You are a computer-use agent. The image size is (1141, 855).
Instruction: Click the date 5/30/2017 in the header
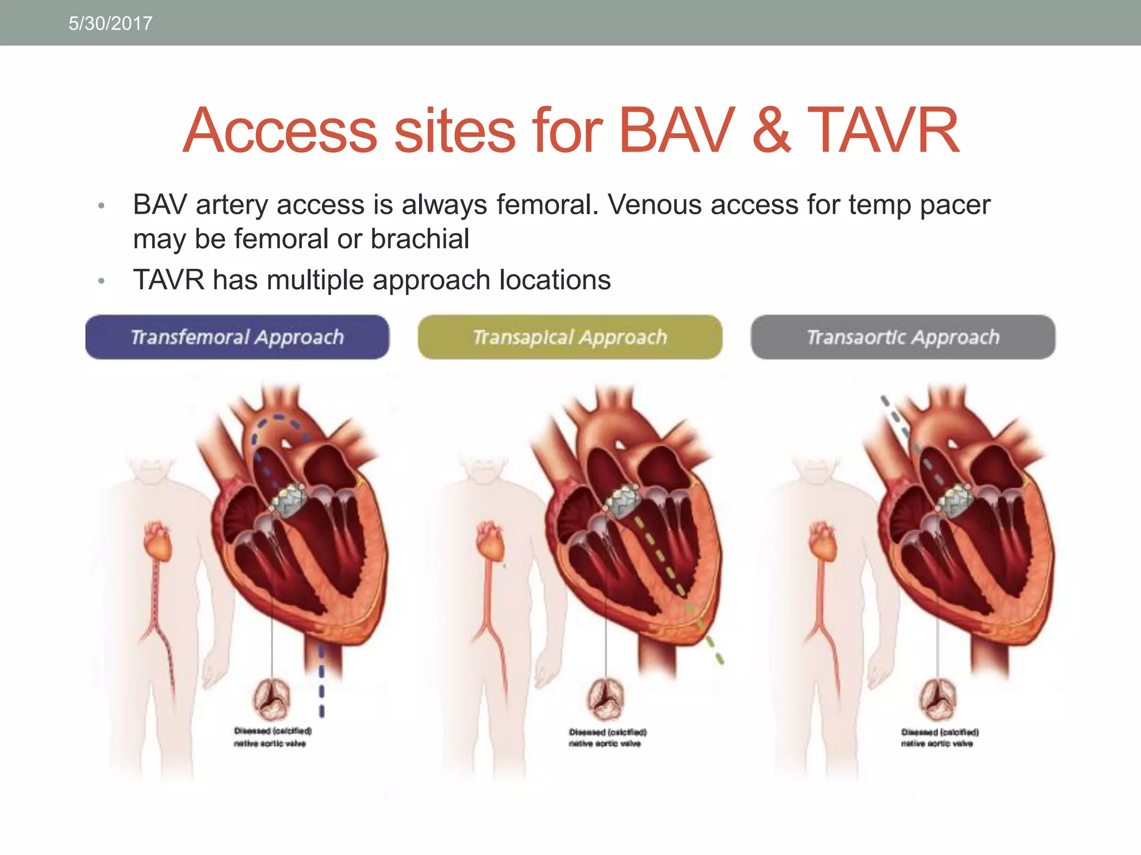tap(110, 23)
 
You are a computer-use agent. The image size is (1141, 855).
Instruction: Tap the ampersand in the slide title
tap(771, 131)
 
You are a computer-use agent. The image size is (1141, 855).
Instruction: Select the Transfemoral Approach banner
tap(237, 337)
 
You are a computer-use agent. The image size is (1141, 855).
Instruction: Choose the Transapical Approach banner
tap(570, 337)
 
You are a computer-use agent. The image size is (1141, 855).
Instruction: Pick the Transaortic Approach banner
tap(903, 337)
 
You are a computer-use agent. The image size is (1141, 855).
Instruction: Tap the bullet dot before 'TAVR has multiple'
tap(101, 281)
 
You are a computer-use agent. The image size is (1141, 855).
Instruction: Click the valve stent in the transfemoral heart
tap(289, 499)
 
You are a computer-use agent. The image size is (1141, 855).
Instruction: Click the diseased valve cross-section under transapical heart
tap(606, 699)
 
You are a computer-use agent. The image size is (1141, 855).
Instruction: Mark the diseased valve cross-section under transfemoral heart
tap(272, 699)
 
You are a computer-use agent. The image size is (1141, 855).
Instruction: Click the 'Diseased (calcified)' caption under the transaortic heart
tap(940, 732)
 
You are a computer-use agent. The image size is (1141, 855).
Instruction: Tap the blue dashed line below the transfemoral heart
tap(321, 682)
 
